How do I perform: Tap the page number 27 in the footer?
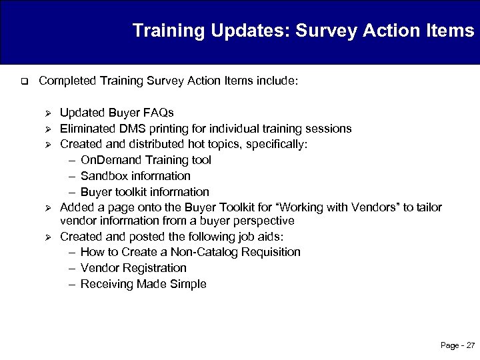pos(470,345)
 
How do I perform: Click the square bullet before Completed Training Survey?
pos(23,82)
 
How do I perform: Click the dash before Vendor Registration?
pos(72,268)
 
